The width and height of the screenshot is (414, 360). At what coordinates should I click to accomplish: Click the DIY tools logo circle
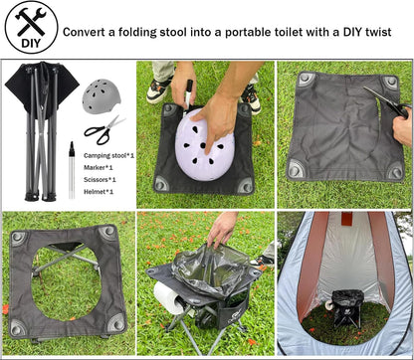click(x=30, y=29)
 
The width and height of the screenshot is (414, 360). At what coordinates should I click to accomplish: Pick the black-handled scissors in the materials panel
click(x=102, y=130)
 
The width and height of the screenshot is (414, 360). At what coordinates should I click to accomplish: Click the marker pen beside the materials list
click(x=71, y=169)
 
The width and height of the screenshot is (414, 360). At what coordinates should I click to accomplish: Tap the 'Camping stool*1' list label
click(x=108, y=156)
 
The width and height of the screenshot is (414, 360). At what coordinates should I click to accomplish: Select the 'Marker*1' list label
click(x=98, y=167)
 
